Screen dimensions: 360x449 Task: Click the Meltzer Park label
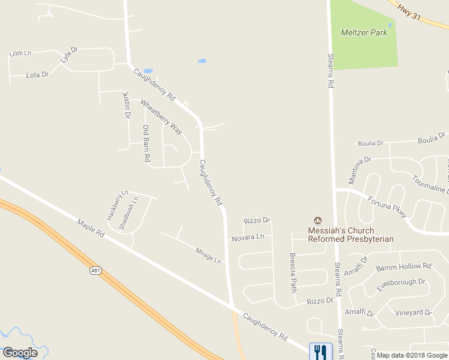(364, 32)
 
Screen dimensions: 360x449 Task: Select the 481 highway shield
(95, 271)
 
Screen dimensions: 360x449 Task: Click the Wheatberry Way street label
(161, 117)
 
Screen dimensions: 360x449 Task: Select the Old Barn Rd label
(146, 143)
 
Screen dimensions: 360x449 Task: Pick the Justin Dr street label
(127, 105)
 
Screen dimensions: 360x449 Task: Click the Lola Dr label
(37, 76)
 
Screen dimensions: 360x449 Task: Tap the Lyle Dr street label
(69, 55)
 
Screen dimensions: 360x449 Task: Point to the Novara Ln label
(248, 238)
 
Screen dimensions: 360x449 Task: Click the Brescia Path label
(294, 272)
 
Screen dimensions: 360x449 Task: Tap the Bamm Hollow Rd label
(403, 266)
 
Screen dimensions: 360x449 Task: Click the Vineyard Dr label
(413, 313)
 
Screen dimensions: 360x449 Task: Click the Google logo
(20, 353)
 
